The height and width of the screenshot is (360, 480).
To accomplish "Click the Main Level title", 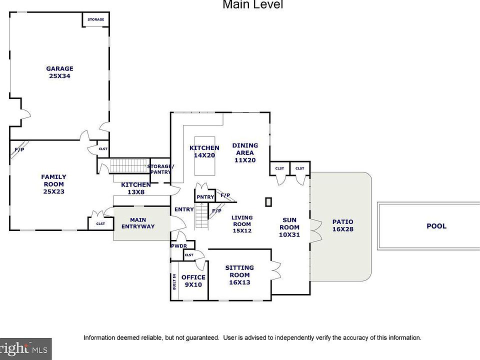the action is coord(253,4).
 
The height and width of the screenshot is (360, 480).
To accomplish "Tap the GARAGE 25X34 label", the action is coord(59,72).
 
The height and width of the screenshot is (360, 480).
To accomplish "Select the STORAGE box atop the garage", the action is coord(96,19).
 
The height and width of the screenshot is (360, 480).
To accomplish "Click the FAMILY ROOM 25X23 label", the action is coord(53,184).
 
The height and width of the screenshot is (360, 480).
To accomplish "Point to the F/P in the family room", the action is coord(19,149).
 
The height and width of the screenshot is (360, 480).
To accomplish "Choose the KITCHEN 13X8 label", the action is coord(136,188).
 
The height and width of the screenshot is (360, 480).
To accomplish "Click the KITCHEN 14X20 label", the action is coord(204,151).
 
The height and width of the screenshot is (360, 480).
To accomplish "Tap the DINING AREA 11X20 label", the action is coord(245,152).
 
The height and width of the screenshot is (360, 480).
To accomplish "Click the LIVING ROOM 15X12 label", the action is coord(242,224).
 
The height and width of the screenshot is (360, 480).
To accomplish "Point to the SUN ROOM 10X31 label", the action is coord(289,227).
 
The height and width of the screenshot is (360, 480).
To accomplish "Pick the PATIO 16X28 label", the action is coord(343,225).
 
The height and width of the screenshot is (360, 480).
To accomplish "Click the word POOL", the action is coord(436,226).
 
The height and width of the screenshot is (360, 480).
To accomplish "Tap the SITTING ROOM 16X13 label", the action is coord(239,275).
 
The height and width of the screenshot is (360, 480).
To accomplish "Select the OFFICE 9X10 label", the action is coord(193,280).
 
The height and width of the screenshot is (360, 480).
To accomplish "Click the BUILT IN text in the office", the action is coord(174,281).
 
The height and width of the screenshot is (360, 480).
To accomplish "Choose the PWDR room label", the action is coord(179,246).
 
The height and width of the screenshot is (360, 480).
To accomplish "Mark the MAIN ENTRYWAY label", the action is coord(138,223).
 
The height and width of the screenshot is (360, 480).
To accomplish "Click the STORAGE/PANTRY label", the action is coord(160,169).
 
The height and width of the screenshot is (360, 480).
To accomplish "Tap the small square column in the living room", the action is coord(268,202).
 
